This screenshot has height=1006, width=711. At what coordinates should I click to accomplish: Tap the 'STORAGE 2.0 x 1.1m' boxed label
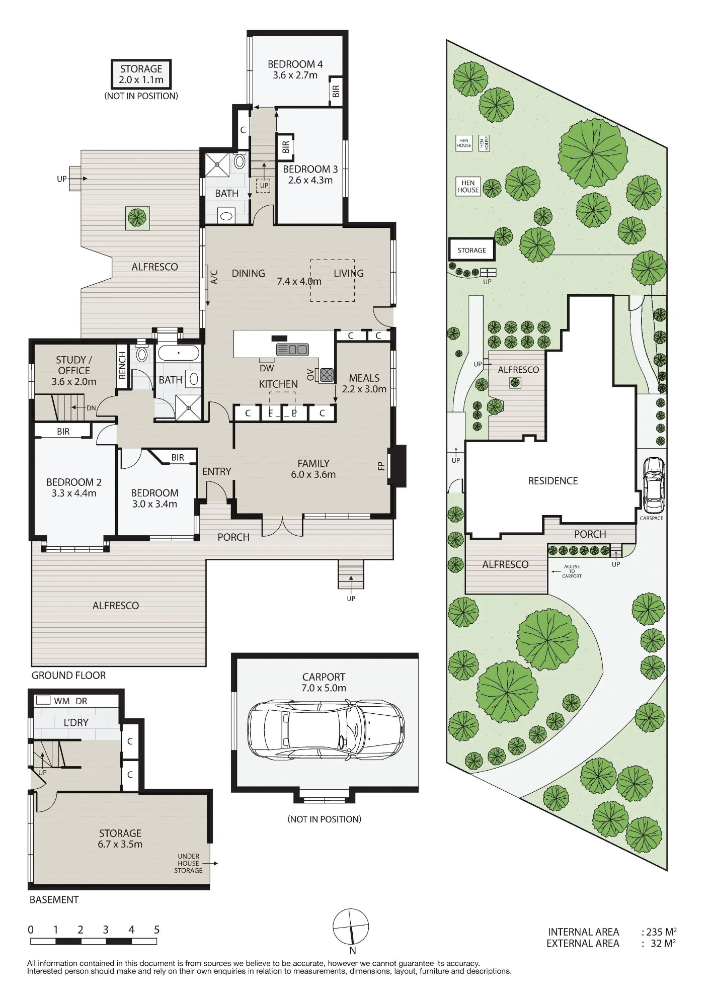tap(141, 74)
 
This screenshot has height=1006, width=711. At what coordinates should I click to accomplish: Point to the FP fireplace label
tap(381, 466)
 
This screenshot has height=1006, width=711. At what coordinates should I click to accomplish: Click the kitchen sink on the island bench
tap(292, 349)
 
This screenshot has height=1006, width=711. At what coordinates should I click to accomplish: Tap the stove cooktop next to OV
tap(327, 375)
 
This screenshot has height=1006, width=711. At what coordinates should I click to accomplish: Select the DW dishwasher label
tap(267, 368)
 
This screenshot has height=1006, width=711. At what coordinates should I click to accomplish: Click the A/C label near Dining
tap(214, 277)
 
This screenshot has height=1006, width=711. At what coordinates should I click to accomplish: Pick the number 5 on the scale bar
tap(157, 930)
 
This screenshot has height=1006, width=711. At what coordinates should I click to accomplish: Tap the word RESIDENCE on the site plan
tap(553, 481)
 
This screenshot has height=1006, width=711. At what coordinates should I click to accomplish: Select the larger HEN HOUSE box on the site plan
tap(468, 187)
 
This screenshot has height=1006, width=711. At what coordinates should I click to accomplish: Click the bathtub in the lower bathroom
tap(179, 353)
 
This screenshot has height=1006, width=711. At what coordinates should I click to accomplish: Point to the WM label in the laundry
tap(62, 701)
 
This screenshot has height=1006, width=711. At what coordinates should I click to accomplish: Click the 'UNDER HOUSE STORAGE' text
tap(188, 863)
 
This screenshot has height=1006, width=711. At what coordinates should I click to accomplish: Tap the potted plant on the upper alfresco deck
tap(136, 218)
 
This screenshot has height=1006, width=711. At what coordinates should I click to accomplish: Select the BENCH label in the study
tap(122, 365)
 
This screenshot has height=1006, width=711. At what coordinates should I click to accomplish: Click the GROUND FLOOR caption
tap(68, 676)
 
